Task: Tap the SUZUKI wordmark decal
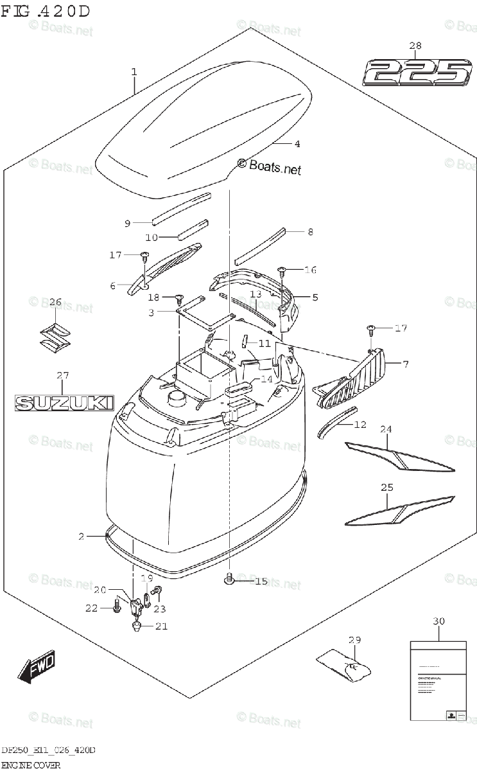pyautogui.click(x=64, y=403)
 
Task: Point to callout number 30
pyautogui.click(x=438, y=621)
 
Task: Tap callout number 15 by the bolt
pyautogui.click(x=260, y=581)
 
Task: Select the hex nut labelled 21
pyautogui.click(x=137, y=626)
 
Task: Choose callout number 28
pyautogui.click(x=415, y=45)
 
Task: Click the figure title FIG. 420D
pyautogui.click(x=45, y=11)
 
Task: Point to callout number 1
pyautogui.click(x=134, y=72)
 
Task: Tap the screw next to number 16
pyautogui.click(x=281, y=270)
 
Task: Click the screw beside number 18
pyautogui.click(x=178, y=297)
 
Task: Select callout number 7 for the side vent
pyautogui.click(x=405, y=364)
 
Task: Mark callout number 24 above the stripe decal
pyautogui.click(x=386, y=429)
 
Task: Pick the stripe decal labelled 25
pyautogui.click(x=398, y=510)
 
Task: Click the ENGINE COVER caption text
pyautogui.click(x=31, y=765)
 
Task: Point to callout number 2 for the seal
pyautogui.click(x=82, y=536)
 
